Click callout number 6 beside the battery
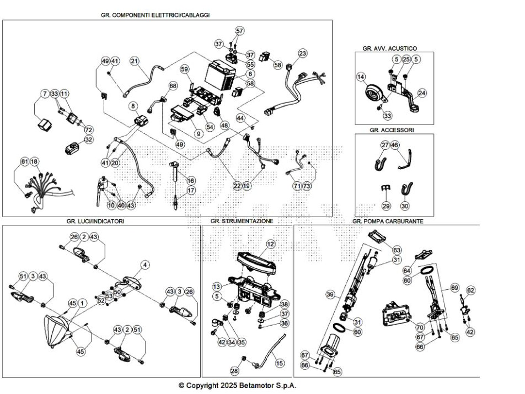click(x=250, y=74)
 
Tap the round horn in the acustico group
click(x=373, y=92)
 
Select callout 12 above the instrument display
click(x=271, y=244)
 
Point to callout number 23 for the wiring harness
click(x=302, y=53)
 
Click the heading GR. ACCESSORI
click(x=392, y=130)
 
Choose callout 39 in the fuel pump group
click(x=330, y=294)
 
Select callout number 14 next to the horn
click(x=361, y=77)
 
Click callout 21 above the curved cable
click(x=134, y=61)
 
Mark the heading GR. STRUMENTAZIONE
click(x=241, y=221)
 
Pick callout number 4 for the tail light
click(x=145, y=265)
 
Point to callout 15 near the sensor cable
click(x=279, y=363)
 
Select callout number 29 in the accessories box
click(x=386, y=206)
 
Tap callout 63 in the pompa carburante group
click(x=397, y=250)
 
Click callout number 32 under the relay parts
click(x=89, y=139)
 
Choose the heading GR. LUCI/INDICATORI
click(x=95, y=221)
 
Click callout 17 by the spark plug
click(x=191, y=190)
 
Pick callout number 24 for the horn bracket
click(x=422, y=93)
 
